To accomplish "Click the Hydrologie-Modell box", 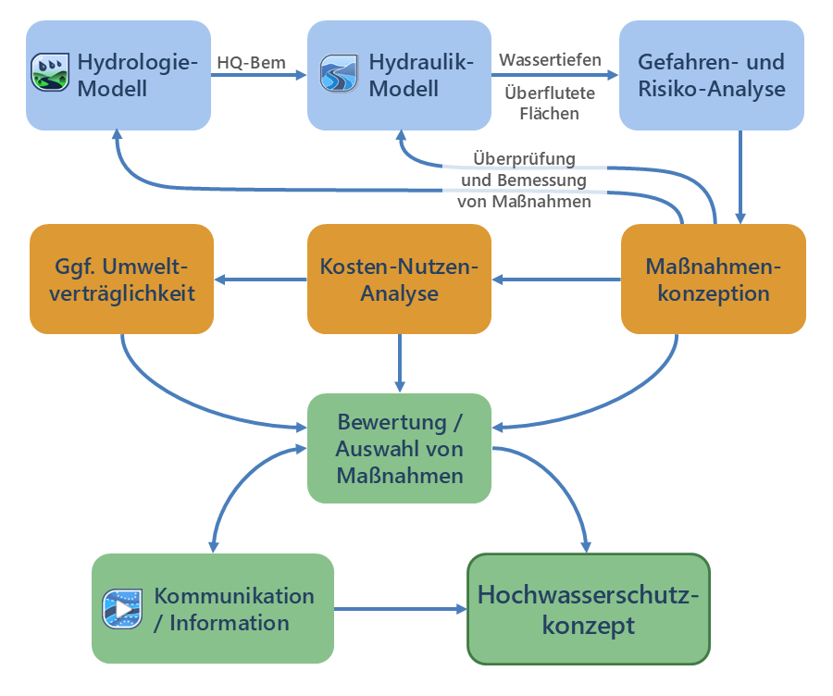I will coord(118,76).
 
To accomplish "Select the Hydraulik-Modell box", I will coord(400,76).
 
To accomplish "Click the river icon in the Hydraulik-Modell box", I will coord(338,74).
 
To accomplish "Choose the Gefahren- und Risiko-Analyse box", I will coord(711,76).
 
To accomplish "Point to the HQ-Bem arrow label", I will coord(251,63).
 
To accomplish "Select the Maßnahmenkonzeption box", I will coord(713,280).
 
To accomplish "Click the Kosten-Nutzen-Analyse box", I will coord(400,280).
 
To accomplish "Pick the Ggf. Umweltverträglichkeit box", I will coord(121,280).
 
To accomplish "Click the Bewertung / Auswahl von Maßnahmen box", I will coord(400,449).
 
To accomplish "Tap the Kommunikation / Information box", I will coord(213,608).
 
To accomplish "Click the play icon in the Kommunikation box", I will coord(121,608).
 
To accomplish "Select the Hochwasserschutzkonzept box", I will coord(588,609).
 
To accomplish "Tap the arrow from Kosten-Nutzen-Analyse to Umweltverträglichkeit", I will coord(261,280).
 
